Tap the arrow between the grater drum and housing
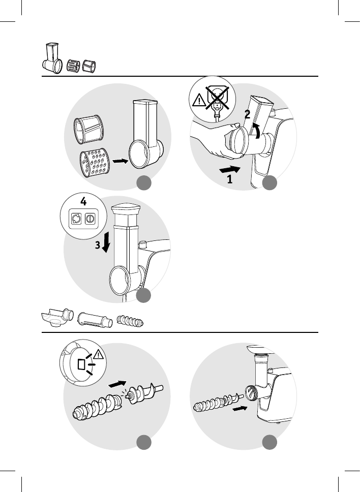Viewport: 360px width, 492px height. pyautogui.click(x=120, y=161)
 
